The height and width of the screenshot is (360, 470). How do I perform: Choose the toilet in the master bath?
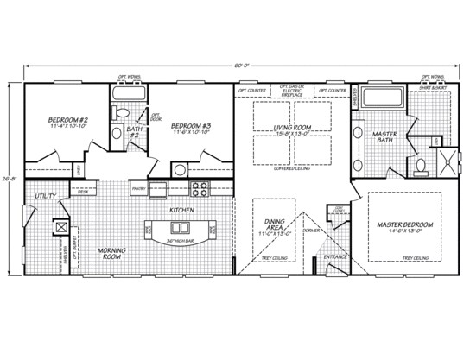tap(418, 163)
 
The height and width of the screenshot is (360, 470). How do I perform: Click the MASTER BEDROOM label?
tap(404, 224)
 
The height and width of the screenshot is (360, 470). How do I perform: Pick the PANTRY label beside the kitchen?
tap(137, 186)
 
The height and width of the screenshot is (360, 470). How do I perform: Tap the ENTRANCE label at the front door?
tap(335, 257)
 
